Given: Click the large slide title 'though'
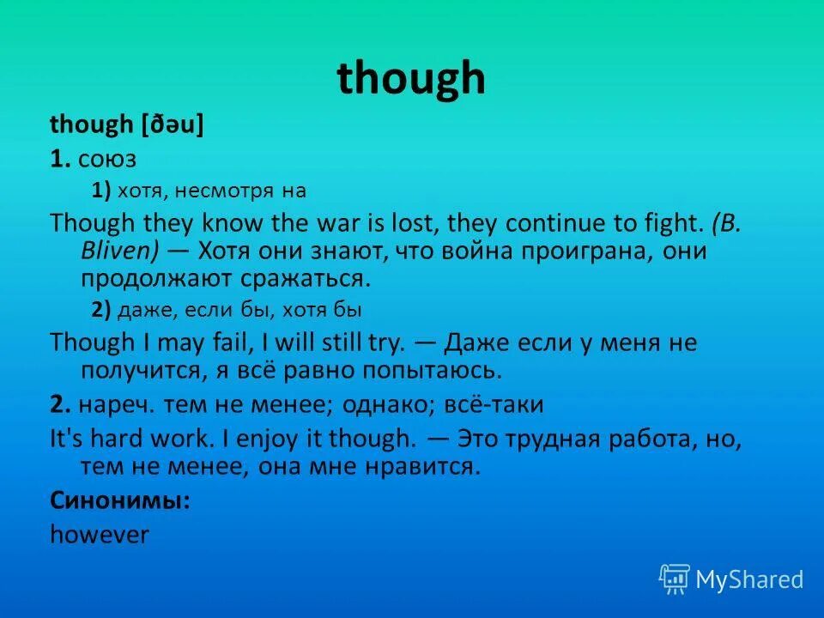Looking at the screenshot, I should (411, 79).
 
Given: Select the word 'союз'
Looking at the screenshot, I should (106, 159).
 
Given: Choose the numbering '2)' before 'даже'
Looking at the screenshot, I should (101, 310).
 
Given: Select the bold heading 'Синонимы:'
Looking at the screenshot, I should (120, 500).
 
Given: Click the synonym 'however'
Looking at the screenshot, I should (100, 534).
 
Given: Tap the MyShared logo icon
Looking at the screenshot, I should (675, 580).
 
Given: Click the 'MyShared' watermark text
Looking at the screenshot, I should (749, 580).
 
